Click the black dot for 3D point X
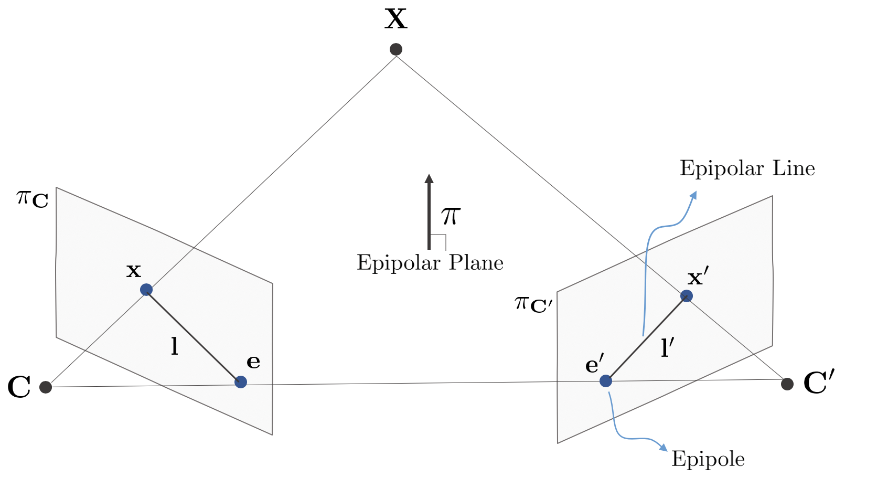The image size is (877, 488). [x=396, y=49]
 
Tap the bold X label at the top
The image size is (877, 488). [x=396, y=19]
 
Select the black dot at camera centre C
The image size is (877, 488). [x=46, y=387]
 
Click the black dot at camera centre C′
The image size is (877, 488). [x=787, y=384]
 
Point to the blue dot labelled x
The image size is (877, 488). [x=146, y=290]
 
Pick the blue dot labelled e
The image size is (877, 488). [x=241, y=382]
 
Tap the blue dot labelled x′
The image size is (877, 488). [x=686, y=296]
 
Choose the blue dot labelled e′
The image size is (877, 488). [x=606, y=380]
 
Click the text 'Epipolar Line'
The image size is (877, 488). [x=747, y=169]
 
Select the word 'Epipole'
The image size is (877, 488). [x=708, y=459]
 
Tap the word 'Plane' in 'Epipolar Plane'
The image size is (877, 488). [x=476, y=263]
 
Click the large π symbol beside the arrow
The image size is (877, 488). [x=451, y=216]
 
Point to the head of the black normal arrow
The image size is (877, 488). [x=429, y=178]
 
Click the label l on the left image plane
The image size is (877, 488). [x=175, y=347]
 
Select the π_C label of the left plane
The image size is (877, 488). [x=33, y=199]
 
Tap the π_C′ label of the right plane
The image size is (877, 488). [x=533, y=304]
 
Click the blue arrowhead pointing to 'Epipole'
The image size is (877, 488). [x=664, y=448]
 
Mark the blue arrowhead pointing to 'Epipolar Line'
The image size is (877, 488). [x=693, y=195]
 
